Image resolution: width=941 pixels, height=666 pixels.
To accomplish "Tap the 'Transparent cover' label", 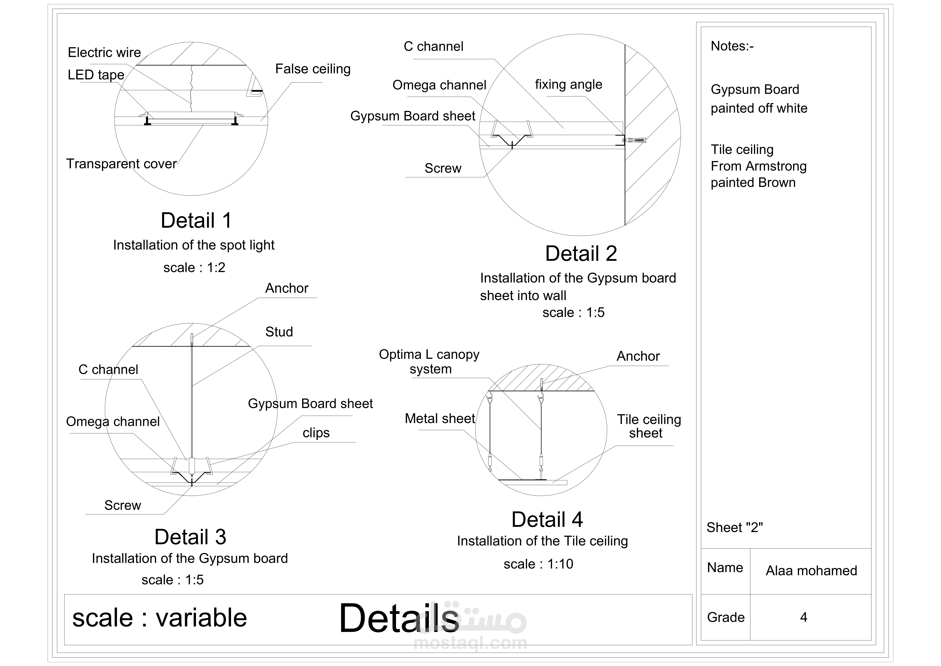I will [121, 164].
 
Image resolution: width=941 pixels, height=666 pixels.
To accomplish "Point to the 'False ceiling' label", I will [313, 69].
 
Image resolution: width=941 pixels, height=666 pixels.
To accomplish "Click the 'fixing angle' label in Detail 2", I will [568, 84].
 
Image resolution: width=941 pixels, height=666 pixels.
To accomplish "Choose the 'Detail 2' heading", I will [581, 253].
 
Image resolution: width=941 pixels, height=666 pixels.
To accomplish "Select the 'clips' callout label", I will [316, 433].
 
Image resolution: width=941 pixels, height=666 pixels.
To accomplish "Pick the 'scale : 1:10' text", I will [538, 564].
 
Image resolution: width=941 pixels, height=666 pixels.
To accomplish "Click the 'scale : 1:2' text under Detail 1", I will [194, 267].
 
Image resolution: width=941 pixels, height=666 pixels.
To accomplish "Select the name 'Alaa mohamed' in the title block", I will [811, 570].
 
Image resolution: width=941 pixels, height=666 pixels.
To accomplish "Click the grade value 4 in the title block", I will [803, 617].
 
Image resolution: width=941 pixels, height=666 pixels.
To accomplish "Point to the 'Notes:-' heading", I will [732, 46].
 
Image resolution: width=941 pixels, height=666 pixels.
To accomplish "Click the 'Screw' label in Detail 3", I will [123, 505].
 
